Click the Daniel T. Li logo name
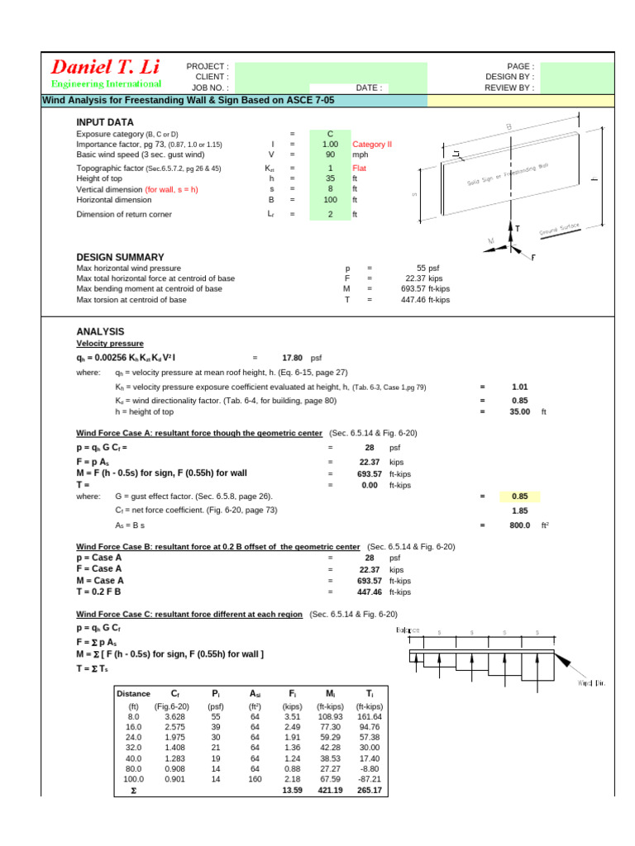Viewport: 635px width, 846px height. tap(106, 67)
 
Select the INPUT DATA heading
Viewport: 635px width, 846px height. tap(104, 121)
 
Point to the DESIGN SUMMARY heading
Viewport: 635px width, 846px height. tap(120, 257)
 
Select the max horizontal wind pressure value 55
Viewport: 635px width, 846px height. tap(421, 269)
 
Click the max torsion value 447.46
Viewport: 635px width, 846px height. tap(416, 300)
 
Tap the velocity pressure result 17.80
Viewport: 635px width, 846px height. tap(293, 358)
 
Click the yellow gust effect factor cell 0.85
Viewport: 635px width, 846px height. tap(519, 497)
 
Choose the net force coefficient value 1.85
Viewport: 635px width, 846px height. tap(519, 511)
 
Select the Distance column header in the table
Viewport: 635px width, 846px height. tap(133, 694)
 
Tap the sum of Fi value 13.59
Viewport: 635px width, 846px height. tap(293, 791)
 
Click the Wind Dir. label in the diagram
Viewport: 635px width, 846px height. tap(593, 682)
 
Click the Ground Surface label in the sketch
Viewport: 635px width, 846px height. tap(561, 231)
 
